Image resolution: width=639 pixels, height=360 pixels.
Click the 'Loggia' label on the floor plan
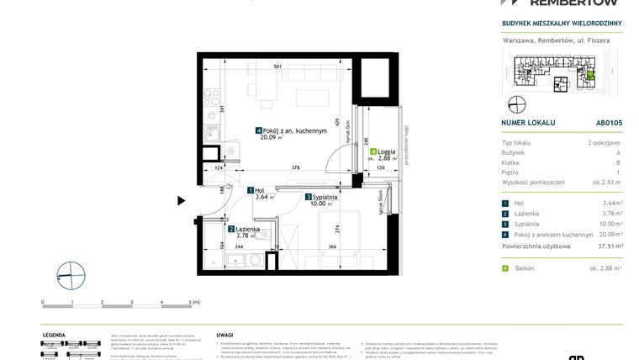(x=387, y=151)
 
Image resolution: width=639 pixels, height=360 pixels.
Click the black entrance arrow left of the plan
(x=181, y=200)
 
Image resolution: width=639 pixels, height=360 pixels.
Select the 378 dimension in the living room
(x=295, y=168)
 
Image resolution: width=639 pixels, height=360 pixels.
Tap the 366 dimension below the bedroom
(x=332, y=246)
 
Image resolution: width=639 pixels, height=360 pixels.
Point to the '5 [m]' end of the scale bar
(x=193, y=301)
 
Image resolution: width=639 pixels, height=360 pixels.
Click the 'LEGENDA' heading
(x=55, y=334)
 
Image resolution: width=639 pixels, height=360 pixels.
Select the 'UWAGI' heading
(x=224, y=334)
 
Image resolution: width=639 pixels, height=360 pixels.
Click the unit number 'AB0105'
(x=608, y=122)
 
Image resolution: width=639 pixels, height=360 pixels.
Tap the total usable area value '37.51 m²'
(x=605, y=246)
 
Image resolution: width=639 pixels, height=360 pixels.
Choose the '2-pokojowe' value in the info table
(x=605, y=144)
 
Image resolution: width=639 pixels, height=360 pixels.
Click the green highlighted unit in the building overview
(x=589, y=77)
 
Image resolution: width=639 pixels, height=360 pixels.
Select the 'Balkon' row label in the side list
(x=525, y=267)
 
